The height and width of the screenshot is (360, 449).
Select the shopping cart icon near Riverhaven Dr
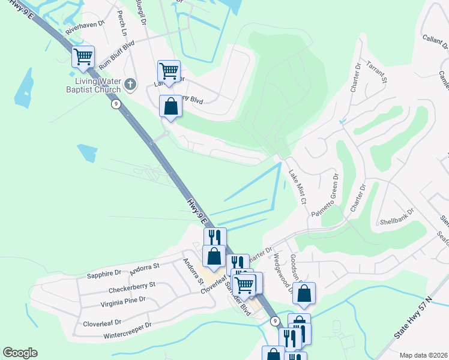pos(83,58)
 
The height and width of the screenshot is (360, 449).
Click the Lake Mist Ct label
pos(297,186)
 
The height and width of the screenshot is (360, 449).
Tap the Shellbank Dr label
pos(397,216)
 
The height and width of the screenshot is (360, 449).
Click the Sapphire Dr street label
pos(104,274)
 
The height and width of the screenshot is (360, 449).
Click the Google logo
pos(20,353)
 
